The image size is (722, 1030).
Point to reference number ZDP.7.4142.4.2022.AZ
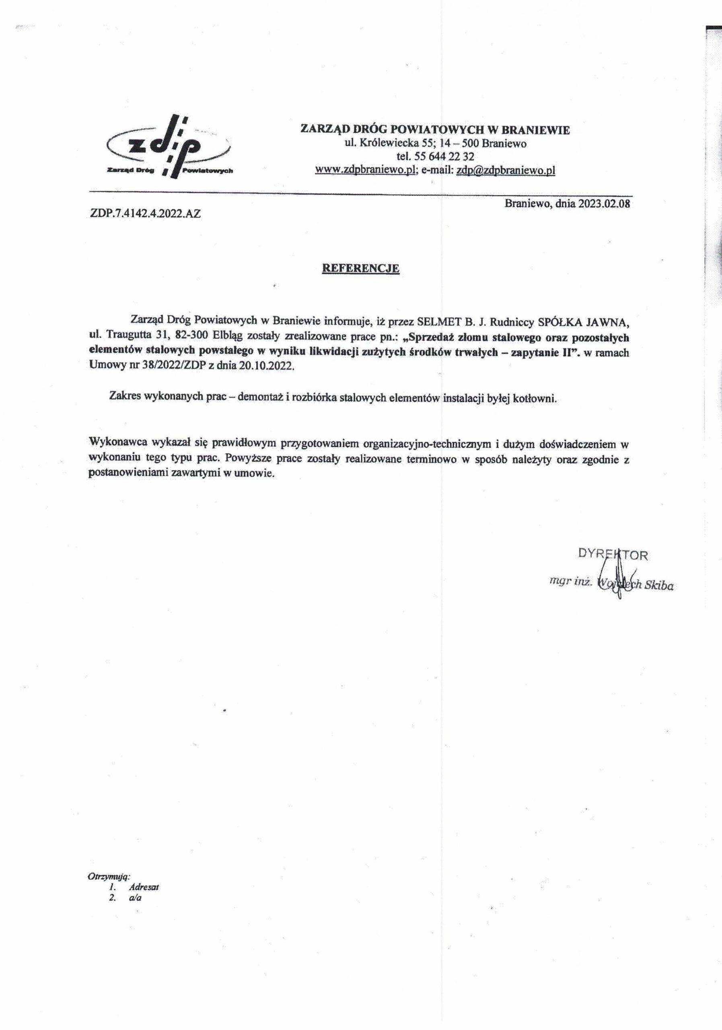pos(145,214)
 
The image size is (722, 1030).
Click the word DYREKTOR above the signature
pos(613,555)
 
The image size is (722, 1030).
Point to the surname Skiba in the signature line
pos(658,586)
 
